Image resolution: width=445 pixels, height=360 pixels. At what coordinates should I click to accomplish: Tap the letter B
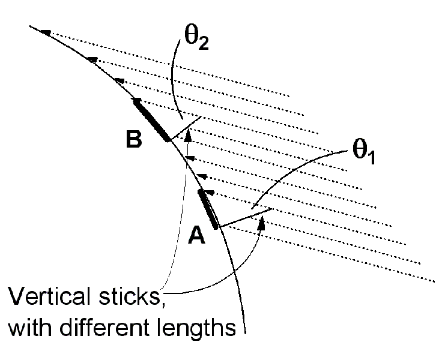point(134,139)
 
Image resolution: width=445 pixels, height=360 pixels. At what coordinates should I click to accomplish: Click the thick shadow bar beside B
point(152,120)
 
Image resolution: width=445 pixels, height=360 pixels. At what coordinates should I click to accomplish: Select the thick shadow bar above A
point(208,209)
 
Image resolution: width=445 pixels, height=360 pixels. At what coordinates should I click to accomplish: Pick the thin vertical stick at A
point(246,218)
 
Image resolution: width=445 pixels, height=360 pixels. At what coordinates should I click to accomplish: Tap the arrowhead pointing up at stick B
point(188,136)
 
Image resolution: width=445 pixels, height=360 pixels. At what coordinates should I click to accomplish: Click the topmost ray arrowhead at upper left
point(46,32)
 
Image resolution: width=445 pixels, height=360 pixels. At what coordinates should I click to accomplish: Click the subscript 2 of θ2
point(204,44)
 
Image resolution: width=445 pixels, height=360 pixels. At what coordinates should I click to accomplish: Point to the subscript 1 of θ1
point(372,158)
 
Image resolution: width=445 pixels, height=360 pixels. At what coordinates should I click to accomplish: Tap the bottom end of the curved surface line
point(246,334)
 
